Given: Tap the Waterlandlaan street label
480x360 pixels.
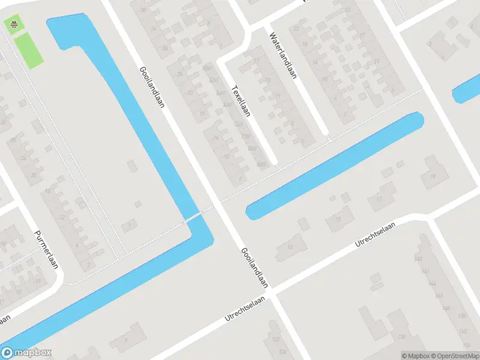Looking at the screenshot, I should (x=283, y=55).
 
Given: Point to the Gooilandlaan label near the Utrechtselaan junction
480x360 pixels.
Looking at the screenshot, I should (x=255, y=269).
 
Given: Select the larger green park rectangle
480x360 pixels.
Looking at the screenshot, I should (x=28, y=50).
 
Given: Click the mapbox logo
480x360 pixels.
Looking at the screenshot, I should (x=26, y=353).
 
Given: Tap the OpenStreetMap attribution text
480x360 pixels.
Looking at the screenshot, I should (x=454, y=356).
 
